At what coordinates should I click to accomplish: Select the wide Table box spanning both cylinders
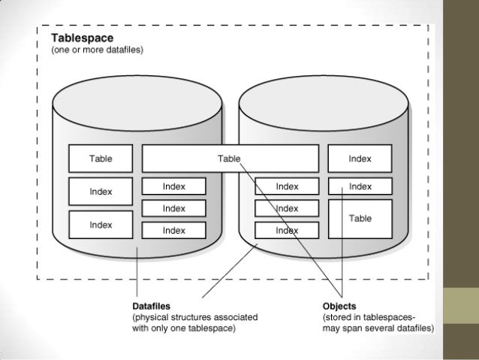229,159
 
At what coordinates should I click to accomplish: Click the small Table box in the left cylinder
101,159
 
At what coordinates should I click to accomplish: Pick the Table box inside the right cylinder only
360,218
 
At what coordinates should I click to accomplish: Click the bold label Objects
339,306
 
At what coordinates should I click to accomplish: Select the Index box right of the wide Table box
360,159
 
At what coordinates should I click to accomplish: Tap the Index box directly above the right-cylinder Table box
360,186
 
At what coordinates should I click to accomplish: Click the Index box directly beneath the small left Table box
101,192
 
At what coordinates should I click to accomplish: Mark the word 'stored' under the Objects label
339,317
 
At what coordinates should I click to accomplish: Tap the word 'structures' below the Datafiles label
194,317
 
